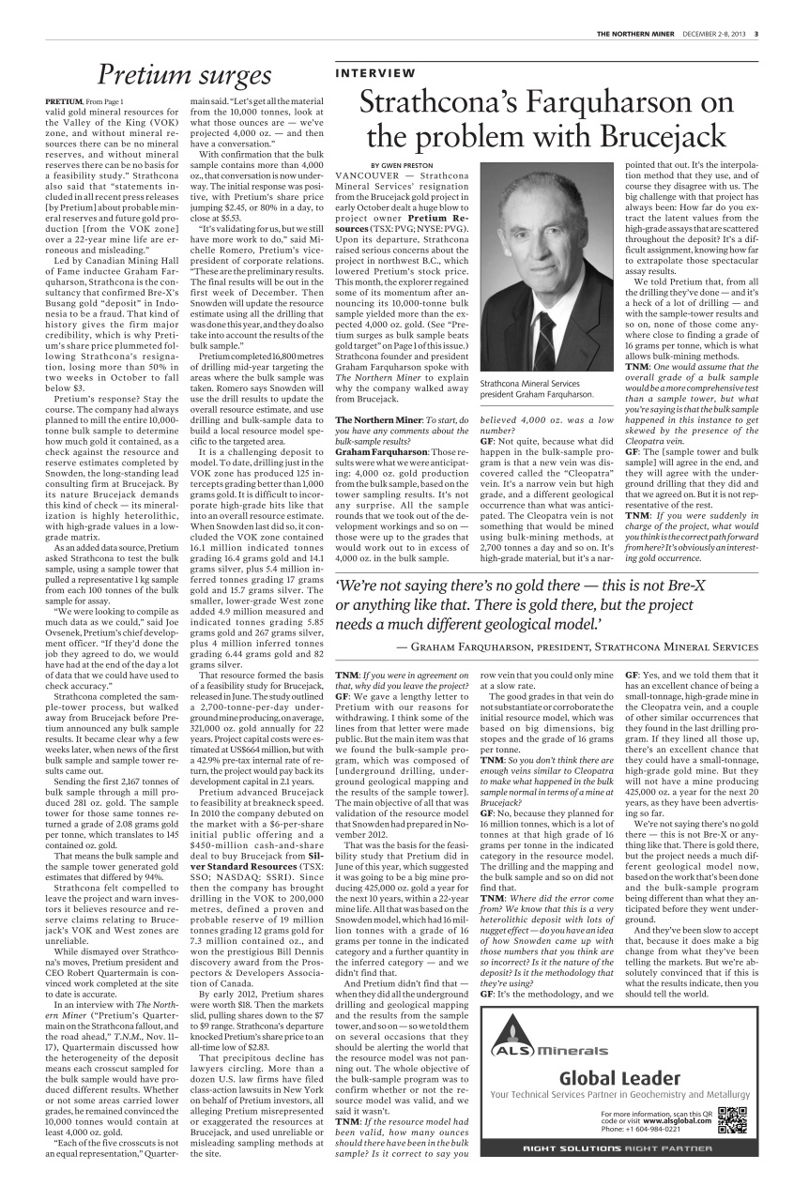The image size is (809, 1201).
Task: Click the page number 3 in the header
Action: [x=756, y=36]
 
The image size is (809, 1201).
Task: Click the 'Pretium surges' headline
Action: [x=185, y=74]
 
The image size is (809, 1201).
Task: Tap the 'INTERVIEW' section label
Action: [x=375, y=72]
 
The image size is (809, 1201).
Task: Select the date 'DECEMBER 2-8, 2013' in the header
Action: [x=714, y=36]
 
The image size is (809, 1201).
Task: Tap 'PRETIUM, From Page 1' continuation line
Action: [x=84, y=100]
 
